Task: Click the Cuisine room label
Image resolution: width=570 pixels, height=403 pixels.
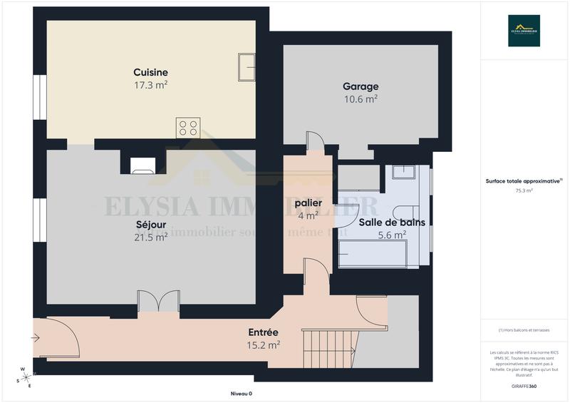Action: [150, 72]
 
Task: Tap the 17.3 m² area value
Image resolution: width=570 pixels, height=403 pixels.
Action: [150, 84]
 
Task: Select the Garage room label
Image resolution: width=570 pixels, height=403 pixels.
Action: [361, 87]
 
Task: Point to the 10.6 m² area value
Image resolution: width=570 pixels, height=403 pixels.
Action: [361, 99]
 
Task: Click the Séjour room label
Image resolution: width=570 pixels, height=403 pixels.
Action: [150, 225]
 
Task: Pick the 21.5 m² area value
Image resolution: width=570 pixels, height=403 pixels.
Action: [150, 237]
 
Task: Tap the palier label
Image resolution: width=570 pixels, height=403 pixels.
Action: [308, 203]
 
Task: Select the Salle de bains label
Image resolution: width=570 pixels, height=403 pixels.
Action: [392, 222]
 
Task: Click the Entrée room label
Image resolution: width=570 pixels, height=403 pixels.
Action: [263, 332]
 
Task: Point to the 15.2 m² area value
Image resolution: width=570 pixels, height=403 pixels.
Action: [263, 345]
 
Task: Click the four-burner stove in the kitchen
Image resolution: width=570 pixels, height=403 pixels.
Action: [188, 128]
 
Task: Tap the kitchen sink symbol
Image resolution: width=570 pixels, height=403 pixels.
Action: [247, 67]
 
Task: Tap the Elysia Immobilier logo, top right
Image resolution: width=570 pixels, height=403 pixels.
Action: [524, 31]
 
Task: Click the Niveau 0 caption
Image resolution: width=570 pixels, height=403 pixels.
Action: [241, 394]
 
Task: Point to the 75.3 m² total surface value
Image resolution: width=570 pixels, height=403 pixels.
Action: [524, 191]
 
